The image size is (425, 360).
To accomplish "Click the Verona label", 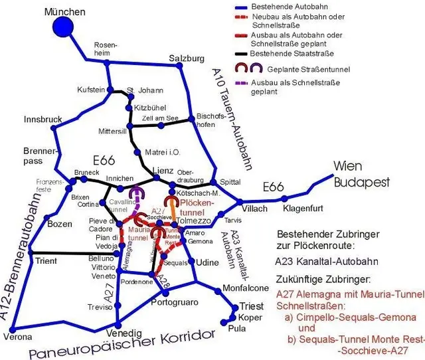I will coord(18,336).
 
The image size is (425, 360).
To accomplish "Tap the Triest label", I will coord(250,306).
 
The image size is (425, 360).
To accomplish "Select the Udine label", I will coord(208,262).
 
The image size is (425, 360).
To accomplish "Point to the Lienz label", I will coord(162,169).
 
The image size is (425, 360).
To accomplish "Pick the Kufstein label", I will coord(91,89).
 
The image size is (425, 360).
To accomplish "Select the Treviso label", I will coord(100,307).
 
